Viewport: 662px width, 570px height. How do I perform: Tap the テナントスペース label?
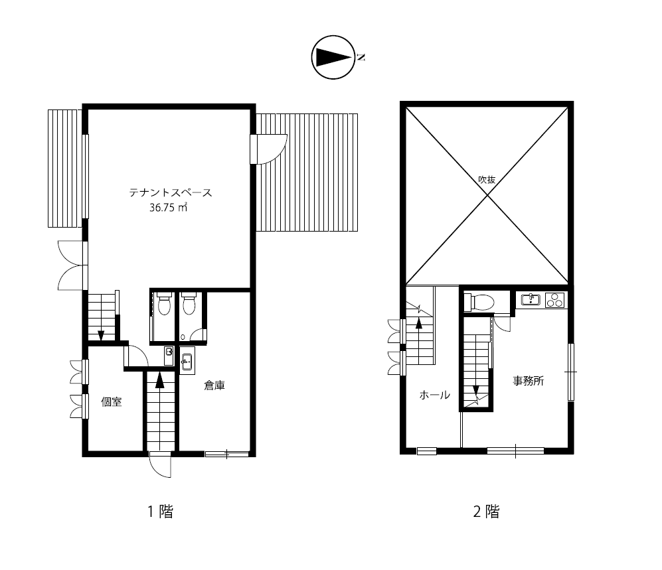[x=171, y=193]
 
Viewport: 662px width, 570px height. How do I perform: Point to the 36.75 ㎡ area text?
[x=169, y=208]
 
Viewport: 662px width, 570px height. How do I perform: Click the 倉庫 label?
[x=214, y=386]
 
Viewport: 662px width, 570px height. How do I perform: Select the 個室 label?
[x=112, y=401]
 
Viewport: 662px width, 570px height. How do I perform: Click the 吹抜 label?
[x=487, y=180]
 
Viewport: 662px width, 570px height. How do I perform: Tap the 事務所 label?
[x=528, y=381]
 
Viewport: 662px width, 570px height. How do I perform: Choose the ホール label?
[x=434, y=395]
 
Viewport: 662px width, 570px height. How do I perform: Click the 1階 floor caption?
[x=161, y=512]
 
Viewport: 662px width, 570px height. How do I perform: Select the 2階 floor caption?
[x=486, y=512]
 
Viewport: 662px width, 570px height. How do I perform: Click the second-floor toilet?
[x=479, y=302]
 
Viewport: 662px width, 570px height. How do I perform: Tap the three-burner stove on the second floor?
[x=554, y=300]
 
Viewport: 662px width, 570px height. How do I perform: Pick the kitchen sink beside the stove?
[x=531, y=299]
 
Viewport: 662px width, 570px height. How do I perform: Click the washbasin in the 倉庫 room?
[x=187, y=361]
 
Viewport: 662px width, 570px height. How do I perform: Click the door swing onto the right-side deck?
[x=270, y=149]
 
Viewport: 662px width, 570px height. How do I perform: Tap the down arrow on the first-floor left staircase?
[x=101, y=336]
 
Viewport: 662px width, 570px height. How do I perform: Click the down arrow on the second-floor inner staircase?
[x=476, y=390]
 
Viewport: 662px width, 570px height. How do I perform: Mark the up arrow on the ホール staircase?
[x=419, y=323]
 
